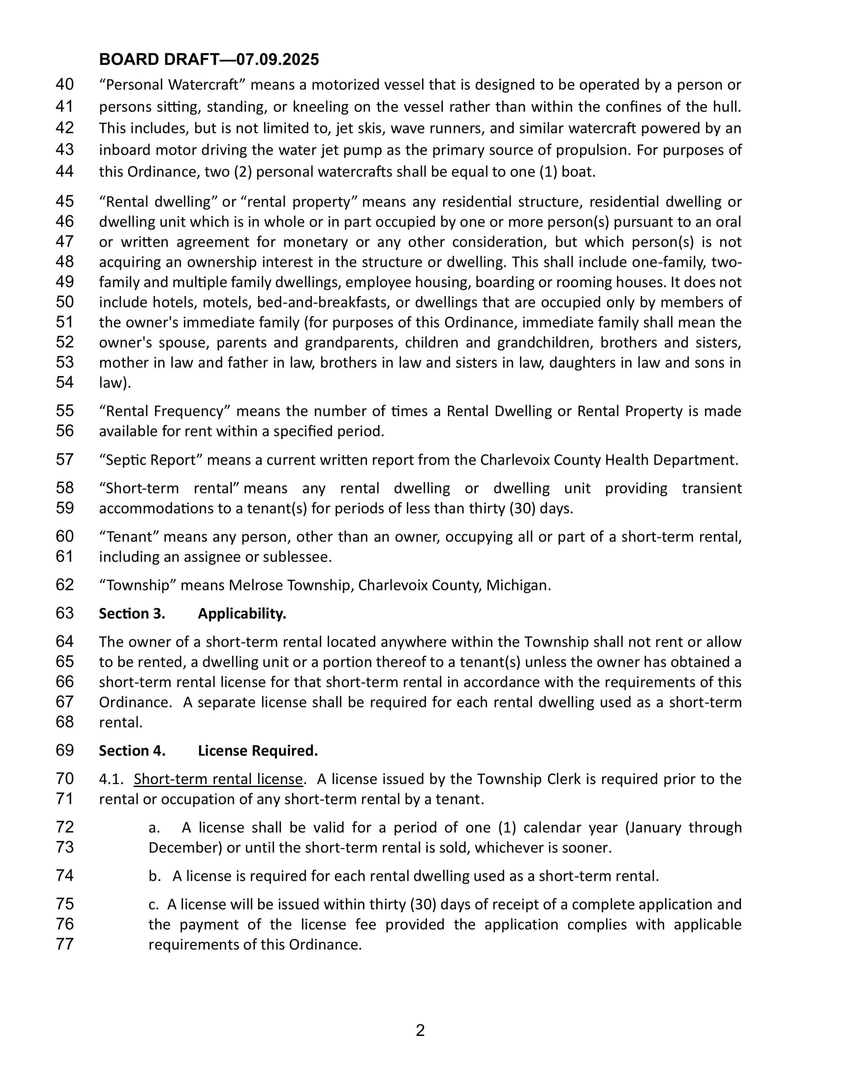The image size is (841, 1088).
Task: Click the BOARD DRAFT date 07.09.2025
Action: click(x=278, y=60)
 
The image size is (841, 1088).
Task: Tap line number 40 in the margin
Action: click(x=65, y=84)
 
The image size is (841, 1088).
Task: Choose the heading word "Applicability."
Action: click(x=242, y=614)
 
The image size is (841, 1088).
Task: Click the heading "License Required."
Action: click(x=258, y=751)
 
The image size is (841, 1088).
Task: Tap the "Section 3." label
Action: click(x=132, y=614)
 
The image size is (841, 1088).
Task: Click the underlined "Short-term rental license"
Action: click(x=218, y=779)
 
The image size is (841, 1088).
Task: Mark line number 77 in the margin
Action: click(x=65, y=944)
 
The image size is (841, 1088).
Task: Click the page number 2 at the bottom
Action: click(x=420, y=1031)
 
